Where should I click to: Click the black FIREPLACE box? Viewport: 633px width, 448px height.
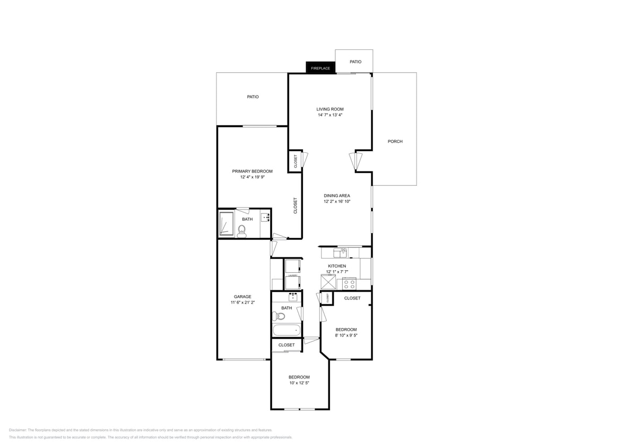point(320,68)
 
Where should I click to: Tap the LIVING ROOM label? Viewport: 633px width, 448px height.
point(330,109)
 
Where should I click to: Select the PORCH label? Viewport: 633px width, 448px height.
point(395,141)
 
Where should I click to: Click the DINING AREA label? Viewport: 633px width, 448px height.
point(337,196)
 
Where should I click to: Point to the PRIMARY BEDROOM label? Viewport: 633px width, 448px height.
point(252,171)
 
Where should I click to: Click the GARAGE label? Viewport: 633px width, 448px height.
point(242,297)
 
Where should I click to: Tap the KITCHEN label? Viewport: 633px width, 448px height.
point(337,266)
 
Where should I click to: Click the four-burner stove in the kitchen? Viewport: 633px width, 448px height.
point(349,283)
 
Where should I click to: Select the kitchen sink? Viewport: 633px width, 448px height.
point(342,252)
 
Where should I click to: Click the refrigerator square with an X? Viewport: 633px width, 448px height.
point(328,282)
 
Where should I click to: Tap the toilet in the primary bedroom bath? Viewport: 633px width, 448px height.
point(242,230)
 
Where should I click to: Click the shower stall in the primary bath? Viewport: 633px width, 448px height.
point(227,223)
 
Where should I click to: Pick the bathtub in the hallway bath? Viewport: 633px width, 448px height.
point(287,331)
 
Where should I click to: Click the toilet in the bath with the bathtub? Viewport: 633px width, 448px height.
point(279,316)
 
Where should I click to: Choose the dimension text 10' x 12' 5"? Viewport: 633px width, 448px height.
point(299,383)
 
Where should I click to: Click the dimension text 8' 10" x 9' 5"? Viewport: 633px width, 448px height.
point(345,335)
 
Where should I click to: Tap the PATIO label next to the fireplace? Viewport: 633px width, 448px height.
point(355,62)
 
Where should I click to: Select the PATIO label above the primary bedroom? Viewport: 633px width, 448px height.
point(253,97)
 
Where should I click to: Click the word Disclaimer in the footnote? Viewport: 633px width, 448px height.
point(18,430)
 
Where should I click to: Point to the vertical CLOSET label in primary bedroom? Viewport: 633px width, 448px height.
point(296,205)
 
